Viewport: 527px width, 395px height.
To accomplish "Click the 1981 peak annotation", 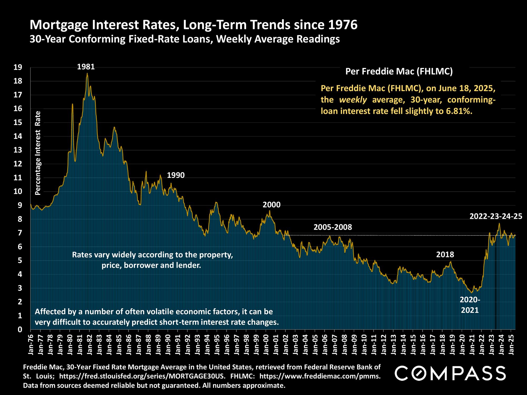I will [86, 67].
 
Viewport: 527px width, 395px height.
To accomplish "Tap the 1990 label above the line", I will [176, 175].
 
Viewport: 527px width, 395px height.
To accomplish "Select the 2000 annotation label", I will [271, 205].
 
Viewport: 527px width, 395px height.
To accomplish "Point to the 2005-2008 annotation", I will [333, 227].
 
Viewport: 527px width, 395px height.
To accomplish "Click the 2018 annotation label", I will [445, 254].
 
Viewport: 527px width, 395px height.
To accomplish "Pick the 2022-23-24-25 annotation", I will [496, 216].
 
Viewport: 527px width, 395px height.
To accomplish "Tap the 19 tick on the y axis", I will [18, 68].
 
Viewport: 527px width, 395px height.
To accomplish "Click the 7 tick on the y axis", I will [20, 233].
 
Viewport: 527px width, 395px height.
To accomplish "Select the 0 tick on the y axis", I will [20, 329].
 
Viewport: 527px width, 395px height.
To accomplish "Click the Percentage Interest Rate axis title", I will [38, 153].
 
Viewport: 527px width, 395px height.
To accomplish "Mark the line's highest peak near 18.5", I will [87, 73].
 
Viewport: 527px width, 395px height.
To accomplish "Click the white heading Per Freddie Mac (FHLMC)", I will [399, 72].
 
